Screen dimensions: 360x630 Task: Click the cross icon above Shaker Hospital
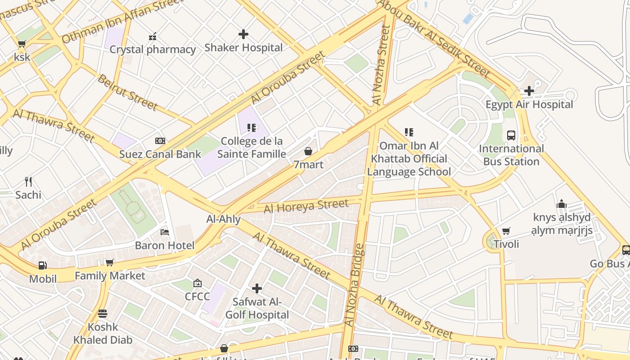(x=243, y=34)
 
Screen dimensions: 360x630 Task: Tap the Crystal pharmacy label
(x=153, y=49)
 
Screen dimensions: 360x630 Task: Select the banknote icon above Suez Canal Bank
(x=160, y=141)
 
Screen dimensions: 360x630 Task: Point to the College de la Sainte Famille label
(x=252, y=148)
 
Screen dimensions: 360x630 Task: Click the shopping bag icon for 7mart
(x=308, y=151)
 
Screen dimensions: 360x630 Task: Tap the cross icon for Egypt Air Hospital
(x=529, y=91)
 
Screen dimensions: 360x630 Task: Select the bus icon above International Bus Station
(x=511, y=135)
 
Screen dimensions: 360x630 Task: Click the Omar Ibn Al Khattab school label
(x=409, y=159)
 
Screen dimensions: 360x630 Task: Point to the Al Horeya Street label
(x=306, y=206)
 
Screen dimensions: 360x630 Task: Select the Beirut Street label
(x=127, y=93)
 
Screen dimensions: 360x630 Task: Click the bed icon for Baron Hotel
(x=165, y=232)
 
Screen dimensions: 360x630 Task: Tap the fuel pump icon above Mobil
(x=43, y=265)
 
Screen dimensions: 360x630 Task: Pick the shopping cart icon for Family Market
(x=109, y=262)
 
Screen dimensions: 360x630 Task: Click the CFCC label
(x=198, y=297)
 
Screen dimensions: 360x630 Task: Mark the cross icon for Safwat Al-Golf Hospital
(x=257, y=288)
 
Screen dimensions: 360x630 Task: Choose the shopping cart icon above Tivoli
(x=506, y=231)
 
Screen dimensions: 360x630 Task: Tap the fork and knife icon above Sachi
(x=28, y=181)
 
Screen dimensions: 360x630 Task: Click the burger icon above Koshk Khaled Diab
(x=103, y=314)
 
